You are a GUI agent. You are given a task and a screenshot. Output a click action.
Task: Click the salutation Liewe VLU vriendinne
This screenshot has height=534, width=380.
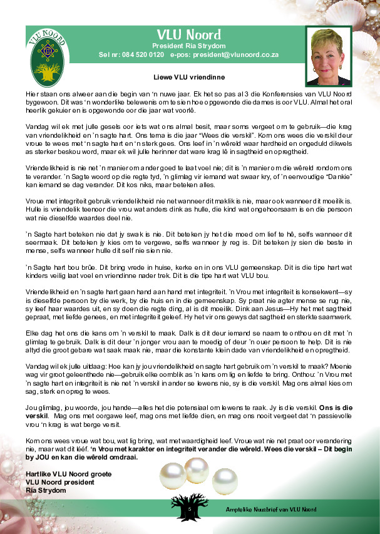click(188, 77)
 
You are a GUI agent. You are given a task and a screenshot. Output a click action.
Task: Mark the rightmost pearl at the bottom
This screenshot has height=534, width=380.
click(222, 478)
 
